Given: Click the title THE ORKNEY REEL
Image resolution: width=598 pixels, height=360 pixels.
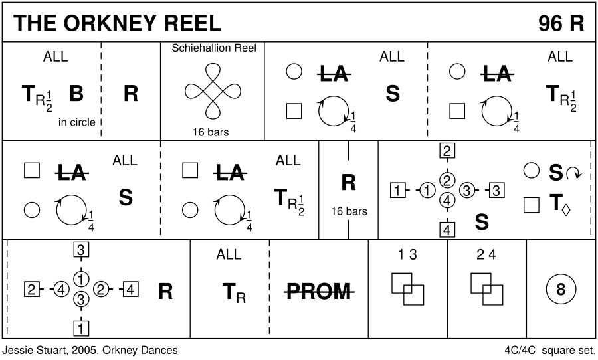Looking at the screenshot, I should click(x=117, y=23).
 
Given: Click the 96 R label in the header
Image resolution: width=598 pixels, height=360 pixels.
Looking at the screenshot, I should click(x=561, y=23).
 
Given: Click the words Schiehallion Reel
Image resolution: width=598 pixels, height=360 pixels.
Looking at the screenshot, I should click(x=213, y=48).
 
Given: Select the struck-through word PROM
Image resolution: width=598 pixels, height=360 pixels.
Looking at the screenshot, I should click(x=319, y=291).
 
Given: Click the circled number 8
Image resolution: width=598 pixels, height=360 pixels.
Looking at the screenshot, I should click(x=560, y=290).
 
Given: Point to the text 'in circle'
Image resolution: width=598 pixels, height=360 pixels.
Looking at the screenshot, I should click(x=76, y=122).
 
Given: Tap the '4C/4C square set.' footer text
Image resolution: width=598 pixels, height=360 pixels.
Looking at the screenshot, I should click(x=548, y=349).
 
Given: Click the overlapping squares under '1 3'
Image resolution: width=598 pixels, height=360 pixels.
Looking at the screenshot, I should click(x=407, y=288).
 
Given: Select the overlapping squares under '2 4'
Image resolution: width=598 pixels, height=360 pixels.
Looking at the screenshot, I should click(x=486, y=288).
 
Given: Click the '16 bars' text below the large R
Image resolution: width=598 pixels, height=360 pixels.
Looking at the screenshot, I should click(x=349, y=211).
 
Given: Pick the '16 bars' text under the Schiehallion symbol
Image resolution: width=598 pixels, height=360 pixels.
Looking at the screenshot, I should click(x=210, y=132).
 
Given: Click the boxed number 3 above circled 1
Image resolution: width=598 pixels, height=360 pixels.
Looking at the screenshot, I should click(x=81, y=250).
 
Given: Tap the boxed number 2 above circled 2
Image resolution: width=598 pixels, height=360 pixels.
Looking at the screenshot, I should click(x=448, y=151).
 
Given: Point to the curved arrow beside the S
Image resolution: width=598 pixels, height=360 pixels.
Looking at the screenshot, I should click(x=573, y=173).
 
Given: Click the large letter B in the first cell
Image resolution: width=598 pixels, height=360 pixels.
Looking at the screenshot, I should click(x=76, y=94).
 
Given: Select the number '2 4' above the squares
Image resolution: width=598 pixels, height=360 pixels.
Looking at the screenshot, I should click(x=486, y=254).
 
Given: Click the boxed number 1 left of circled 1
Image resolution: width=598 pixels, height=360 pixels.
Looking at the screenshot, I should click(x=397, y=192).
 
